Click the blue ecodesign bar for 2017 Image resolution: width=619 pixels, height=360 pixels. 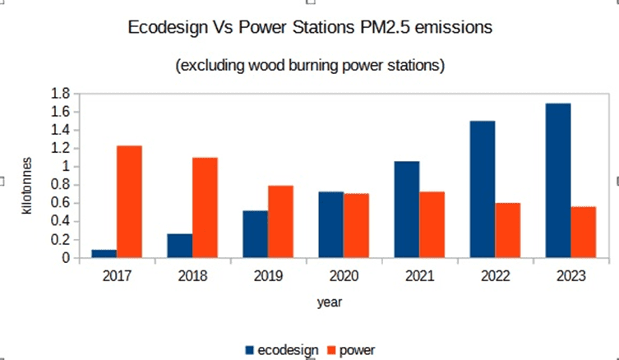[x=104, y=254]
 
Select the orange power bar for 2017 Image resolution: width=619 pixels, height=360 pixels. [x=129, y=202]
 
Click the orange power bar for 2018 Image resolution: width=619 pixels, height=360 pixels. [x=205, y=208]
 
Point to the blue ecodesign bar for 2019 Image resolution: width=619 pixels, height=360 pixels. [x=255, y=234]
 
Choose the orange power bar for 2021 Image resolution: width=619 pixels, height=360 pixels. [x=432, y=225]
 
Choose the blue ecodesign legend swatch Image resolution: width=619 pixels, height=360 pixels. [x=249, y=350]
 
